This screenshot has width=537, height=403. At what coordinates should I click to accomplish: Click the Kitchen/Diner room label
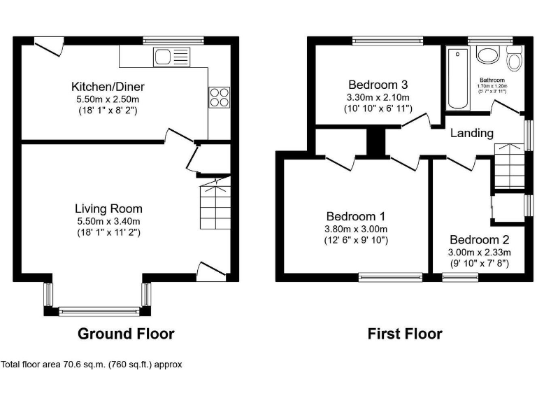[x=108, y=87]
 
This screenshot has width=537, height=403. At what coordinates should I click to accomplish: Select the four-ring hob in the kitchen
[x=218, y=97]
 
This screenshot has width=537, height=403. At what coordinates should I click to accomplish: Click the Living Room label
[x=108, y=208]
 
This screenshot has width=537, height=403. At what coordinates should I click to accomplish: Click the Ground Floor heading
[x=125, y=334]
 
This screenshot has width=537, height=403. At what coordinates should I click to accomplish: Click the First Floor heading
[x=405, y=334]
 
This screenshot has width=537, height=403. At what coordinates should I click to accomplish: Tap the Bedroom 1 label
[x=357, y=216]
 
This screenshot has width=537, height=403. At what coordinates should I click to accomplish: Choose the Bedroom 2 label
[x=480, y=239]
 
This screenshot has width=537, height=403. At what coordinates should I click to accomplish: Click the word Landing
[x=471, y=133]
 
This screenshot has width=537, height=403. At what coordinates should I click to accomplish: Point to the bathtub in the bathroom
[x=457, y=78]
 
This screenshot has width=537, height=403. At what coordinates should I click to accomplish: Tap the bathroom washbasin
[x=485, y=55]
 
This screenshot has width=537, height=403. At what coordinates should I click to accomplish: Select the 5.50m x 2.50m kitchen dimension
[x=108, y=100]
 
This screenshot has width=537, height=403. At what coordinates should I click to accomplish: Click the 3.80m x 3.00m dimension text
[x=357, y=229]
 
